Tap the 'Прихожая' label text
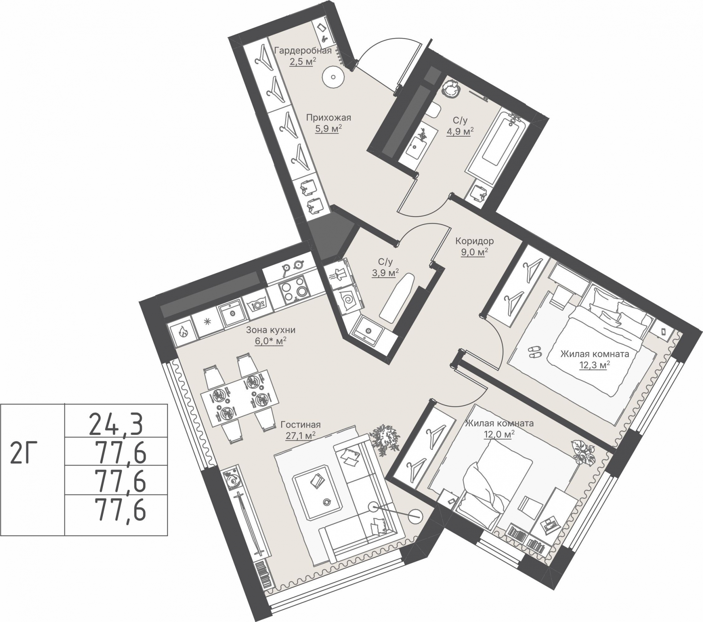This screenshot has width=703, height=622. pos(328,118)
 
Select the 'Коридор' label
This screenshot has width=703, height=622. pos(475,241)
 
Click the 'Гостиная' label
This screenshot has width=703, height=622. pos(301,425)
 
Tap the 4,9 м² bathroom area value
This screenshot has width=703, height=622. pos(460,131)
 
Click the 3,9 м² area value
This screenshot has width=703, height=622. pos(385,273)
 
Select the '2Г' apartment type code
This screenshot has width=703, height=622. pos(25,458)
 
